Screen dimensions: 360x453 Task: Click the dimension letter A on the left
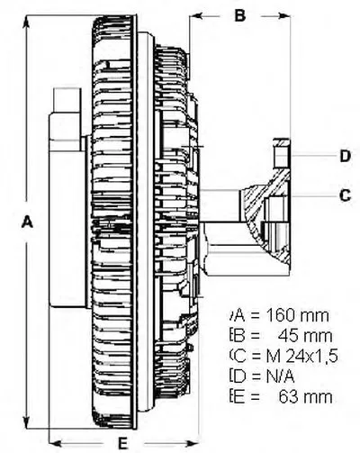pyautogui.click(x=28, y=222)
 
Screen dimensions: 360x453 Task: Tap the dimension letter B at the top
pyautogui.click(x=240, y=15)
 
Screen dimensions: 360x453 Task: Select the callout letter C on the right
pyautogui.click(x=345, y=195)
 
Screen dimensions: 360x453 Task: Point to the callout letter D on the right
pyautogui.click(x=346, y=156)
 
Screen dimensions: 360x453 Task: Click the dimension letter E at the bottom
pyautogui.click(x=122, y=443)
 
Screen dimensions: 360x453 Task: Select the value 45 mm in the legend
pyautogui.click(x=305, y=336)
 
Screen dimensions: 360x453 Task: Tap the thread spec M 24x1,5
pyautogui.click(x=302, y=356)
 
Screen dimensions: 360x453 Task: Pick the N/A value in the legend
pyautogui.click(x=280, y=376)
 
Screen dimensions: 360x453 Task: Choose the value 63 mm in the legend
pyautogui.click(x=305, y=397)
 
